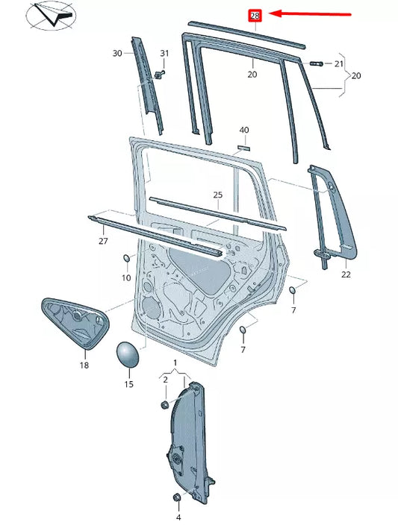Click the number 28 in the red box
coord(255,15)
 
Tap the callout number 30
coord(117,53)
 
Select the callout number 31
coord(164,53)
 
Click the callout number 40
coord(243,130)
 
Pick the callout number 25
coord(217,195)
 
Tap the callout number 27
coord(103,241)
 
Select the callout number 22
coord(346,275)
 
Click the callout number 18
coord(84,365)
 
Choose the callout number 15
coord(128,384)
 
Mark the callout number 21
coord(340,64)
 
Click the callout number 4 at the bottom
coord(178,517)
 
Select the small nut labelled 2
coord(164,404)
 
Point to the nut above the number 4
coord(177,497)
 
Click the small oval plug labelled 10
coord(127,258)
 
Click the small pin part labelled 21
coord(314,63)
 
